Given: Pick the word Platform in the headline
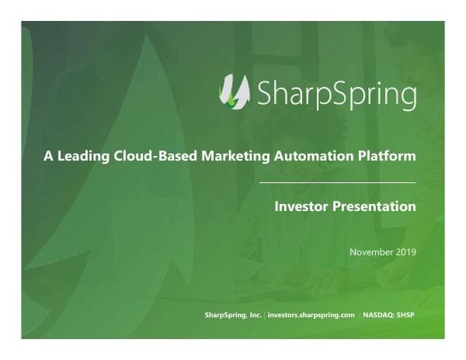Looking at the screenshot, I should tap(386, 157).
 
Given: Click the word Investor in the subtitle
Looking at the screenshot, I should tap(301, 207).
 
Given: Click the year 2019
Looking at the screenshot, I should tap(406, 251).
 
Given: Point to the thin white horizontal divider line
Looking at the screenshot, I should tap(336, 182).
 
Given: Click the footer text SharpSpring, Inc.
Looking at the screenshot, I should tap(233, 315).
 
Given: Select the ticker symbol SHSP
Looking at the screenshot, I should tap(408, 315).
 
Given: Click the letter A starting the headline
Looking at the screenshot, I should tap(48, 157).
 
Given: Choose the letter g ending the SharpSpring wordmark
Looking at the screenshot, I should tap(407, 95).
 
